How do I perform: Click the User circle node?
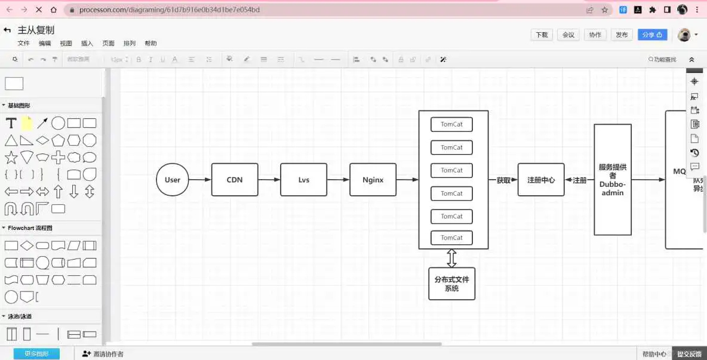173,180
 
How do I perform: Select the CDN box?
235,180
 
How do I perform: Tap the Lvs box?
304,180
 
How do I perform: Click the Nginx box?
373,180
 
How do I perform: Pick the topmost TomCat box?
451,124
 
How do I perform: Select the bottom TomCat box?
451,238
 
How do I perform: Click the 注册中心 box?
541,180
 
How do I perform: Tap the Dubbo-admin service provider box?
613,180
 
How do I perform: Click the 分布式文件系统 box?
451,284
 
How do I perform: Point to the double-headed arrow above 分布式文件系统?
452,259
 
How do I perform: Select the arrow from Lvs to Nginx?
338,180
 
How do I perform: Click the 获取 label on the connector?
503,180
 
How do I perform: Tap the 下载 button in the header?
542,35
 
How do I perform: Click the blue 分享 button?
652,35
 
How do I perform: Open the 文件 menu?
23,44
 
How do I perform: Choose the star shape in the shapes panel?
11,158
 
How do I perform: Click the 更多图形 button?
36,354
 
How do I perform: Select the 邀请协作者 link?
103,354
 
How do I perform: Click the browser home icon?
54,10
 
